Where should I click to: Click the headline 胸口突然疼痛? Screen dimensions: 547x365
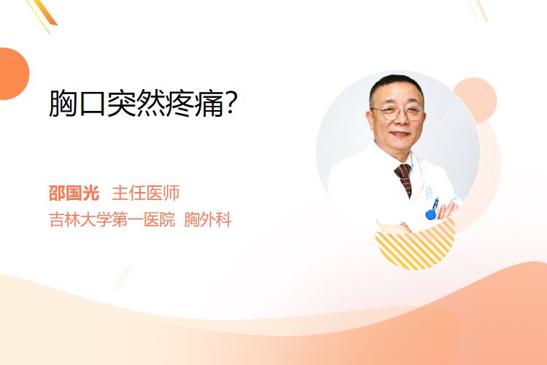(144, 103)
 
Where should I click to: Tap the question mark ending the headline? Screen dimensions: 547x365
(231, 103)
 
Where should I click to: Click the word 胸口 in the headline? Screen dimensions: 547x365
(77, 103)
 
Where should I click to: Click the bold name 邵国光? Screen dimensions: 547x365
(74, 193)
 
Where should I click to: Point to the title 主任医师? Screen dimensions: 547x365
(146, 193)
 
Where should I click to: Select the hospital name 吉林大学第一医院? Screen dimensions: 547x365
(112, 220)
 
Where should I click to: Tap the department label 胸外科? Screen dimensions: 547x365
(208, 220)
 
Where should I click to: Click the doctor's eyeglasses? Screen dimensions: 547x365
(398, 113)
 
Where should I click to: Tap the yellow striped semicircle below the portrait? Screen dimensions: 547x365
(415, 246)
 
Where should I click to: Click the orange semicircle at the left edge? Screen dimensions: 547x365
(13, 74)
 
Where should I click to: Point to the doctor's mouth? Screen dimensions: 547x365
(400, 134)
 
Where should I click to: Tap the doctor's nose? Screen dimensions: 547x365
(401, 120)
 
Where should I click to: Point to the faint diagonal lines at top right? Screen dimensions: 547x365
(478, 10)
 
